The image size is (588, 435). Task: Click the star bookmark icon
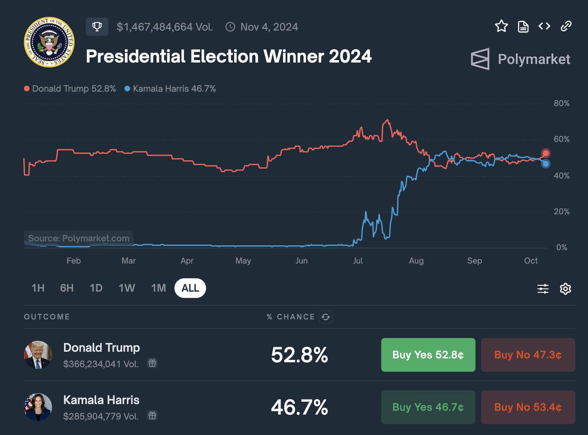[501, 26]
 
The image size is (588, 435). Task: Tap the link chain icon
[566, 26]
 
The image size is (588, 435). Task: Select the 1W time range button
[127, 288]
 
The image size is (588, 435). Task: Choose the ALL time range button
[190, 288]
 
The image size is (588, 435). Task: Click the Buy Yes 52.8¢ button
[428, 355]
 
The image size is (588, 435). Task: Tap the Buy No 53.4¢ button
[528, 407]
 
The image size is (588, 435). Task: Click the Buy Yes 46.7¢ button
[428, 407]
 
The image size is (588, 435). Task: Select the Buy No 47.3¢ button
[528, 355]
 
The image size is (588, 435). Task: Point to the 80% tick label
[562, 103]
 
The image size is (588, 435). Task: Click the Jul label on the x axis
[358, 261]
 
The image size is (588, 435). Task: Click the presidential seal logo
[49, 42]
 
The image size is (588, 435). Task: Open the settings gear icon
[565, 289]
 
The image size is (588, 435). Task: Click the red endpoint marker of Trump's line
[545, 153]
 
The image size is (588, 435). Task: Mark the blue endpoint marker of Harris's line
[545, 164]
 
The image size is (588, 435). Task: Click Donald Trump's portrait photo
[38, 355]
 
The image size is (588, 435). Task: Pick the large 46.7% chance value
[300, 407]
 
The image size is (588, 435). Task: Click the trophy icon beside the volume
[97, 27]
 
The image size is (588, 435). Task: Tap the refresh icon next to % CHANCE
[326, 316]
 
